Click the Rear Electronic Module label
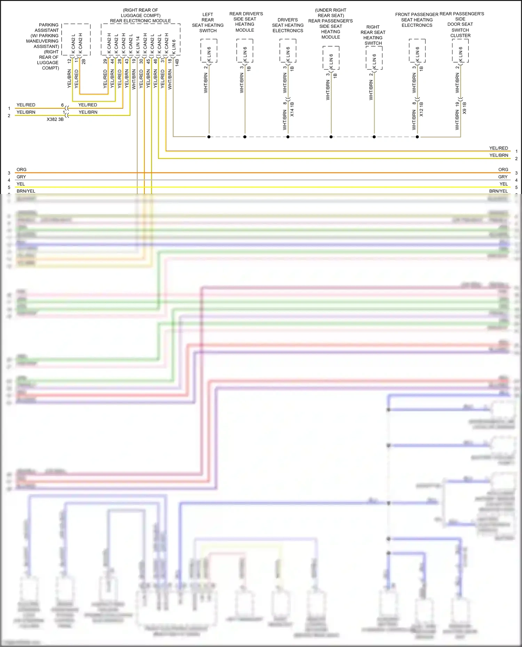coord(140,21)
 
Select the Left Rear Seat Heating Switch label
coord(208,23)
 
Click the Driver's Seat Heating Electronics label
coord(287,25)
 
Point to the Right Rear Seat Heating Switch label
coord(373,35)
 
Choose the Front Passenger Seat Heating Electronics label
coord(417,20)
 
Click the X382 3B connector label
coord(55,119)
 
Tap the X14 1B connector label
coord(292,109)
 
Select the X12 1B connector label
coord(421,109)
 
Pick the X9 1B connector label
coord(465,108)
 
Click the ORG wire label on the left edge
coord(22,170)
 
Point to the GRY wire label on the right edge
coord(503,177)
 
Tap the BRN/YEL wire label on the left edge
coord(26,191)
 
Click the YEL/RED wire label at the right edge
coord(498,148)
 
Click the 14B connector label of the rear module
coord(177,63)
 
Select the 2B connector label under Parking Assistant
coord(84,62)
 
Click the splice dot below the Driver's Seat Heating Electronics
coord(288,137)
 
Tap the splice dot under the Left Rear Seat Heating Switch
coord(209,137)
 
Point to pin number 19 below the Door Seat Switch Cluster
coord(457,104)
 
